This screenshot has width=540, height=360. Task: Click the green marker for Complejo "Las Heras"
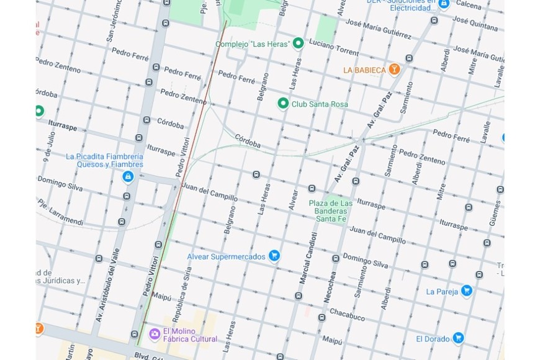(x=298, y=43)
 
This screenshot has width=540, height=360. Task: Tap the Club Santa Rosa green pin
(x=283, y=104)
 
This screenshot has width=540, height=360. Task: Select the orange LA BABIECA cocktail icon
(x=393, y=70)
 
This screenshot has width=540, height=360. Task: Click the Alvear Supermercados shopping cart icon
(x=274, y=256)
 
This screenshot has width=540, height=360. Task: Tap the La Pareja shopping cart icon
(x=466, y=290)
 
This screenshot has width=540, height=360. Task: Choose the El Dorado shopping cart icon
(x=458, y=338)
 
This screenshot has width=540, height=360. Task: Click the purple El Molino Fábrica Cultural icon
(x=155, y=335)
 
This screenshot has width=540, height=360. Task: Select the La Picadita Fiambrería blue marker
(x=128, y=177)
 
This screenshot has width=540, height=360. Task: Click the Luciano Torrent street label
(x=334, y=50)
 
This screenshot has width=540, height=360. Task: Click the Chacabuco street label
(x=347, y=314)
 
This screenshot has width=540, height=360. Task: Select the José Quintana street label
(x=475, y=24)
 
